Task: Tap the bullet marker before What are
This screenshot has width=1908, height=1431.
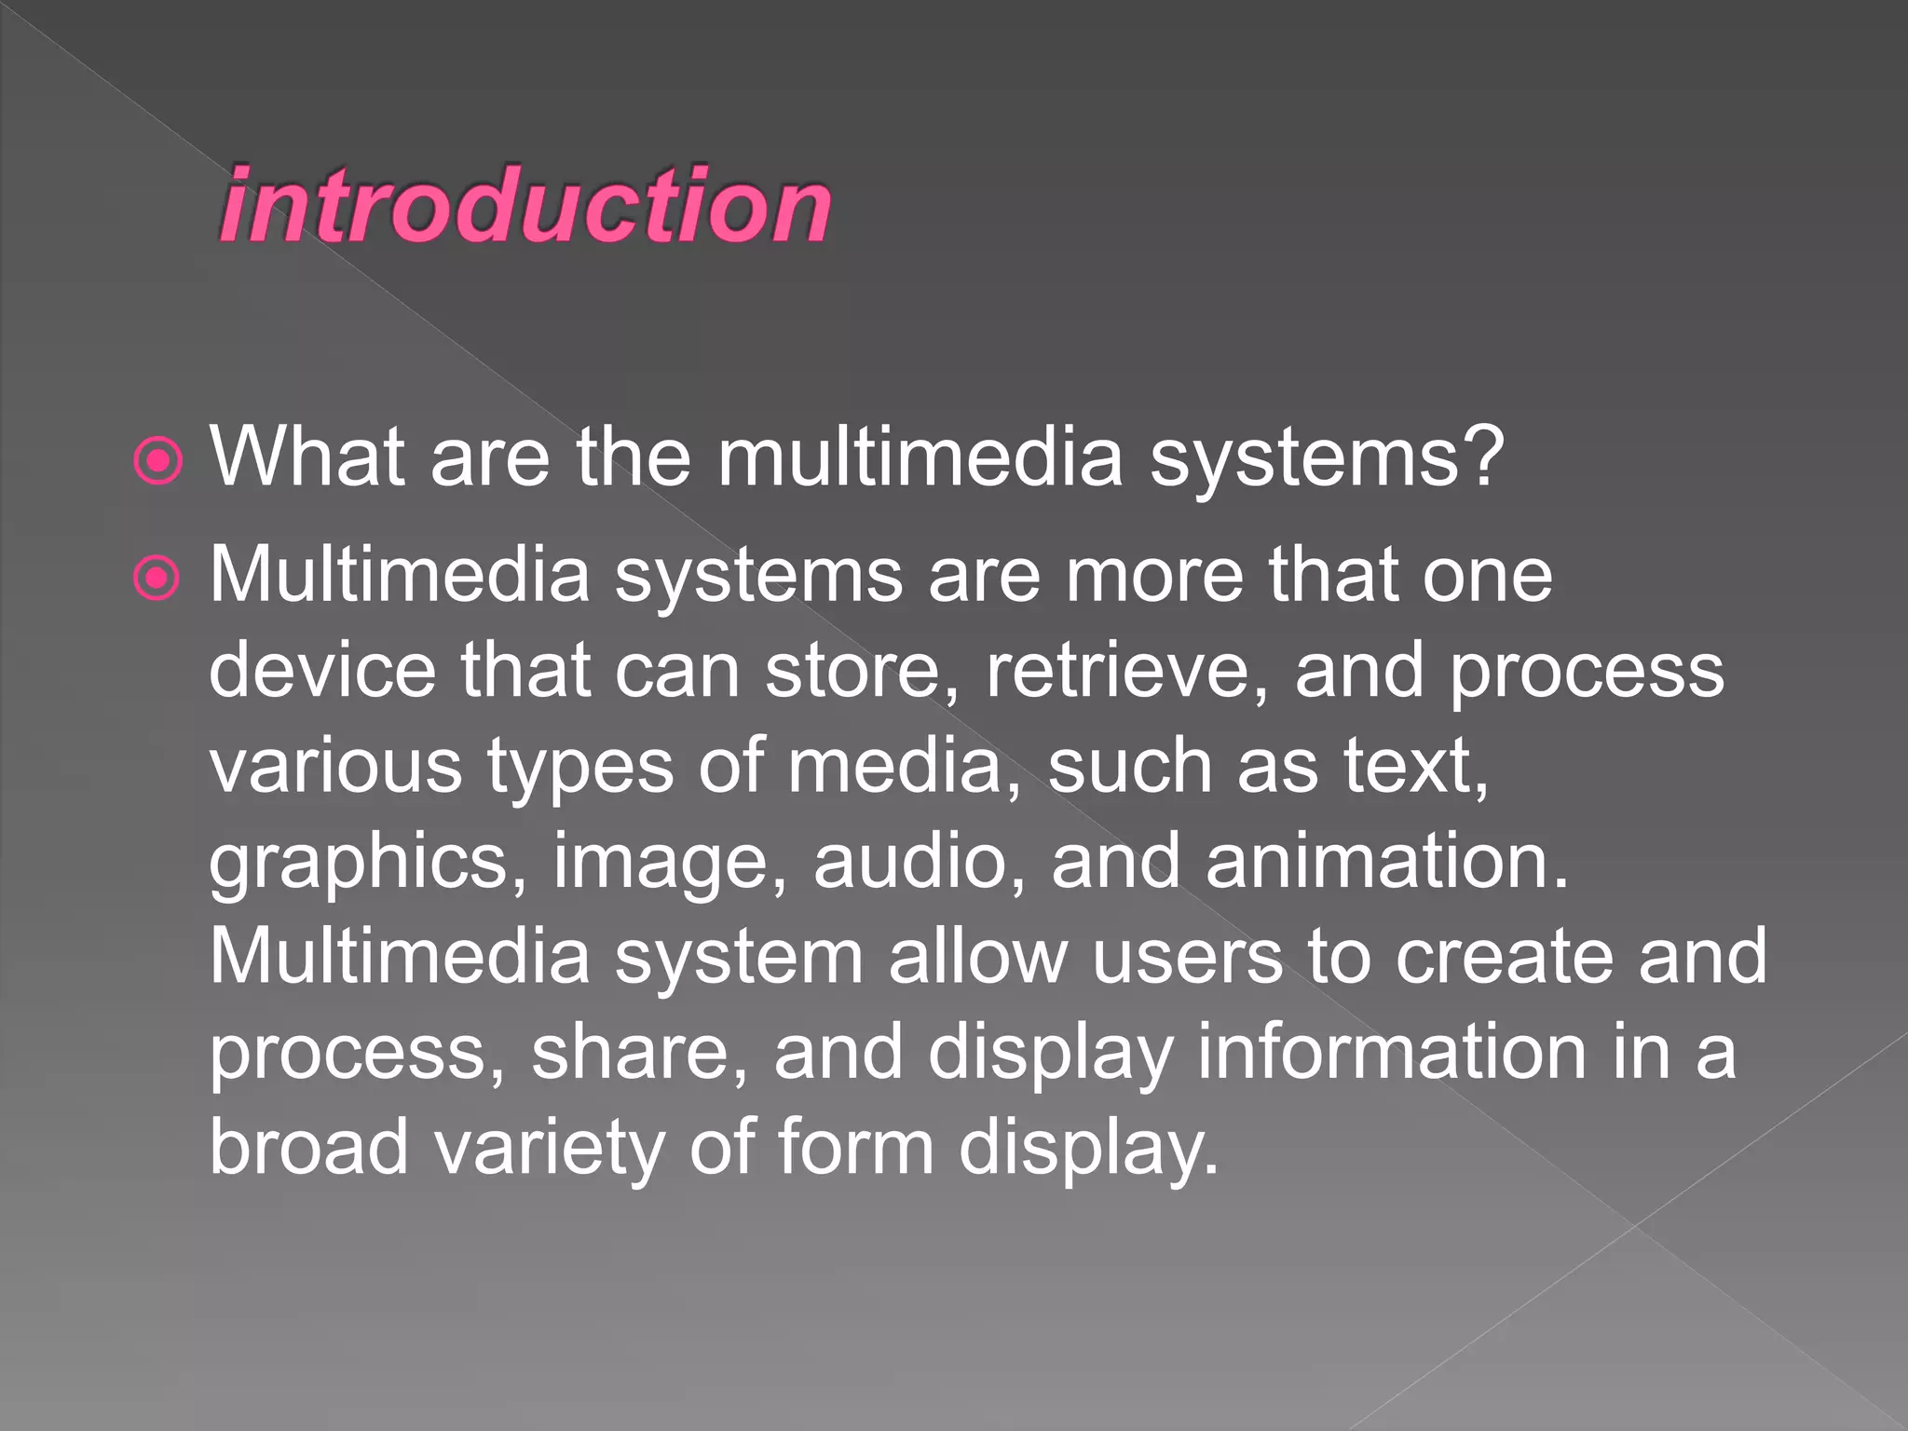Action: point(157,460)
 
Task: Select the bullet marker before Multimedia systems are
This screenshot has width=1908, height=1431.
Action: point(157,579)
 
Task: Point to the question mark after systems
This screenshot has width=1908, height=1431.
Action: point(1478,457)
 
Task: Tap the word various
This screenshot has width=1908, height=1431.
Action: point(335,766)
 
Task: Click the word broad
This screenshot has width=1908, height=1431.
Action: point(308,1147)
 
